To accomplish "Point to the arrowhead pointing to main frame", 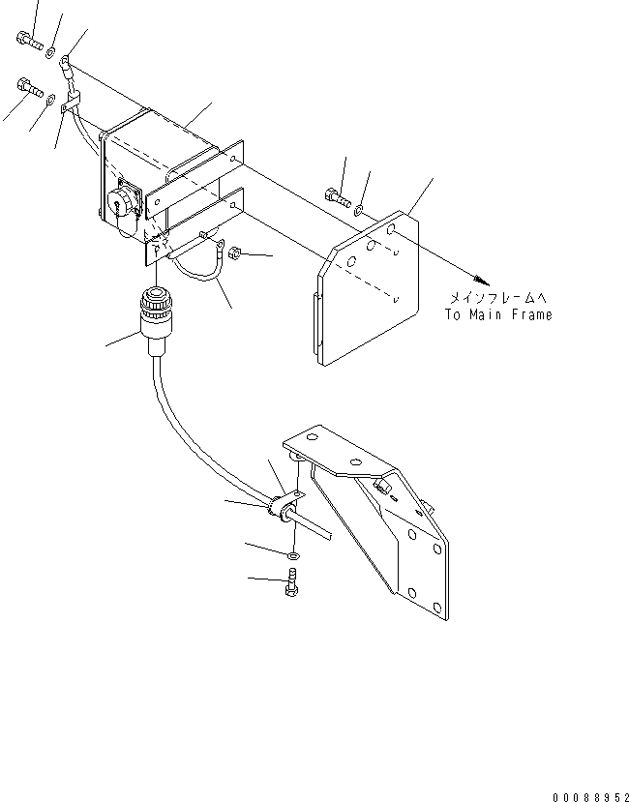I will click(x=475, y=278).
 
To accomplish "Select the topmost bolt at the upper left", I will click(x=26, y=41).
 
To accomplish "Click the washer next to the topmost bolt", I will click(x=51, y=49).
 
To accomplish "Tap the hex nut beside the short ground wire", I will click(x=238, y=255).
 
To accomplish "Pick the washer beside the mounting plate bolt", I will click(x=359, y=208).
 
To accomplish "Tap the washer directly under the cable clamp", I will click(x=292, y=554).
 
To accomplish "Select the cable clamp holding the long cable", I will click(x=284, y=508).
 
